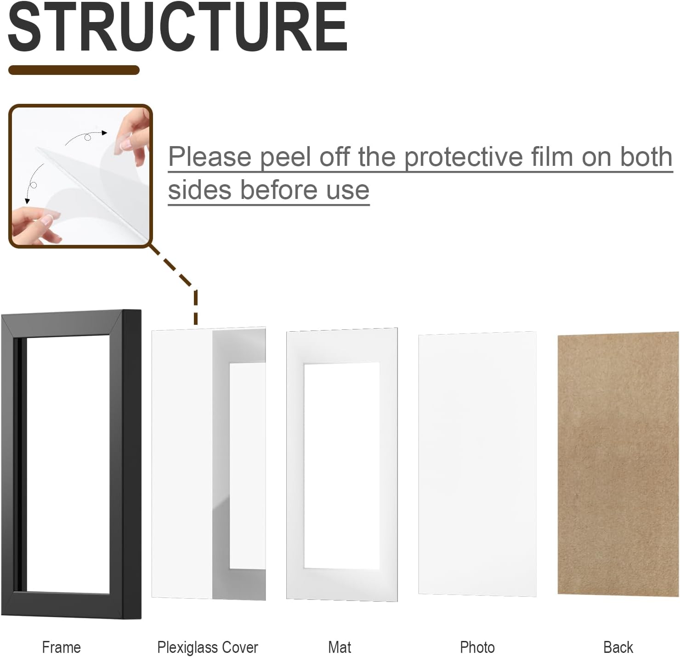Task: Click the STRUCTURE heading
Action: (177, 27)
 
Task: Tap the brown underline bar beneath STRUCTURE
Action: (74, 70)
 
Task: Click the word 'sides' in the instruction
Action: (200, 190)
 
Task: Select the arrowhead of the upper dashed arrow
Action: (104, 133)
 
